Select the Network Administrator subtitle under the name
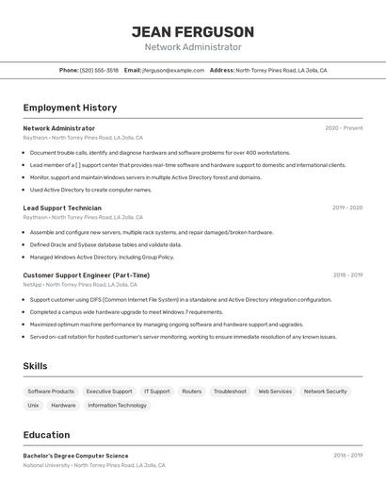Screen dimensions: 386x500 click(x=193, y=47)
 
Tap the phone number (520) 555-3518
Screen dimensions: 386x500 click(x=100, y=70)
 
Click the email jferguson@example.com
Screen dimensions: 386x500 click(x=173, y=70)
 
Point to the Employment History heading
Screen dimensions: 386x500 click(x=70, y=108)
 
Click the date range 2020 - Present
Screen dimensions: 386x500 click(x=344, y=128)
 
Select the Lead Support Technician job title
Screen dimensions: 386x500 click(x=62, y=208)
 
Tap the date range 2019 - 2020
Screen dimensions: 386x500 click(x=346, y=208)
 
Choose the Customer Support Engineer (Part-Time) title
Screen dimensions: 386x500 click(x=86, y=275)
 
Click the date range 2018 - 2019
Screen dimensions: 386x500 click(x=346, y=275)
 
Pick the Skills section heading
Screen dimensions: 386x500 click(x=36, y=366)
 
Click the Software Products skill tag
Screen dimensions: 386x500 click(x=51, y=392)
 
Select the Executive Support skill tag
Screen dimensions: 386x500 click(x=109, y=392)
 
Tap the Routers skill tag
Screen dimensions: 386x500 click(x=192, y=392)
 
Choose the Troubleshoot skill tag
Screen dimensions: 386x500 click(x=230, y=392)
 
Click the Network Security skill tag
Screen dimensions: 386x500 click(x=325, y=392)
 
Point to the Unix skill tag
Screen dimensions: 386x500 click(x=33, y=406)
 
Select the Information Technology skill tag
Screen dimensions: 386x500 click(x=117, y=406)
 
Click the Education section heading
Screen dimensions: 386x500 click(x=46, y=435)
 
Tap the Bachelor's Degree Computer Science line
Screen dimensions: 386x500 click(x=75, y=456)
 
